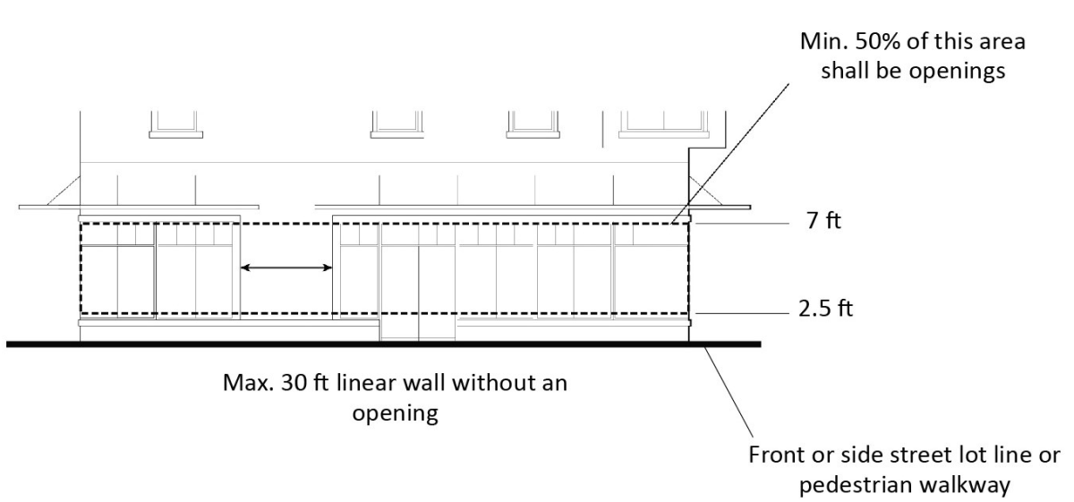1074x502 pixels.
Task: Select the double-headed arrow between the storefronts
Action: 286,267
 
